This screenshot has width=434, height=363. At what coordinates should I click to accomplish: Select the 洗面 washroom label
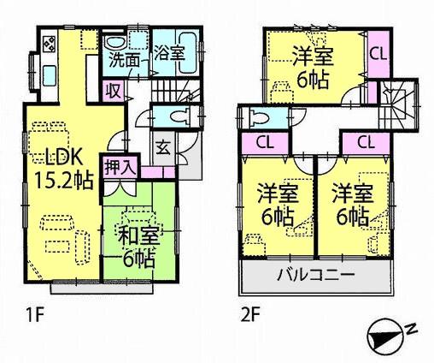[x=119, y=62]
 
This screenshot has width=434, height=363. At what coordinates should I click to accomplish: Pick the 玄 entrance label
[x=162, y=145]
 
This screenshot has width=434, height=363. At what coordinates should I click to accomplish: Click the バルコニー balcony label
[x=315, y=277]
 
